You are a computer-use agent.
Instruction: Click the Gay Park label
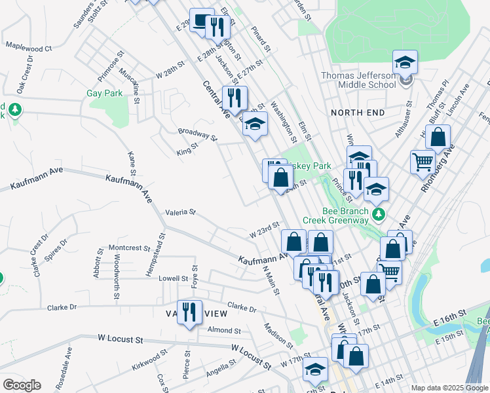pyautogui.click(x=105, y=94)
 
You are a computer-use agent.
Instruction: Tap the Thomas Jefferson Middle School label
pyautogui.click(x=358, y=80)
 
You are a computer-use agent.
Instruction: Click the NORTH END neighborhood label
pyautogui.click(x=358, y=113)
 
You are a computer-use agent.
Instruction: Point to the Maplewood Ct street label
pyautogui.click(x=28, y=48)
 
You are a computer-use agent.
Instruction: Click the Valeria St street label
pyautogui.click(x=180, y=212)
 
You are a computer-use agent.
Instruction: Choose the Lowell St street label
pyautogui.click(x=174, y=278)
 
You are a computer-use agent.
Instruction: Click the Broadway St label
pyautogui.click(x=197, y=134)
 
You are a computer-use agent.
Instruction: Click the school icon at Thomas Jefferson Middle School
pyautogui.click(x=405, y=63)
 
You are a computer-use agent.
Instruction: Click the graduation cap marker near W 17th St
pyautogui.click(x=315, y=369)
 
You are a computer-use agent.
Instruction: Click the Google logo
pyautogui.click(x=22, y=385)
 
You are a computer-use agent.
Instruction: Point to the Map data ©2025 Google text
pyautogui.click(x=449, y=388)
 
